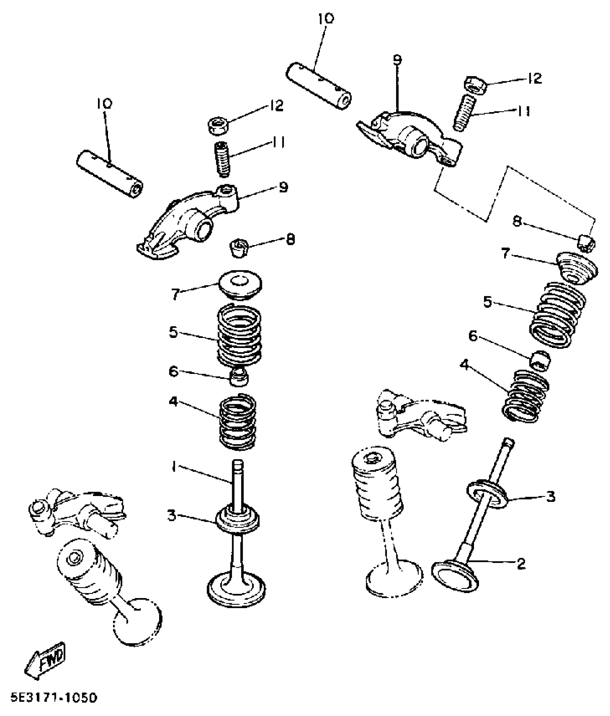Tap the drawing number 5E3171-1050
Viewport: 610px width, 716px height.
point(54,698)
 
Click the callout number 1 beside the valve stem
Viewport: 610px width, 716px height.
point(174,467)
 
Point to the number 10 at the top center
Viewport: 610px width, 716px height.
point(326,19)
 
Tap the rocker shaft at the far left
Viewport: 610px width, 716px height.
point(110,174)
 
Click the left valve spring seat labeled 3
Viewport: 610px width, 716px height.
point(238,520)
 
